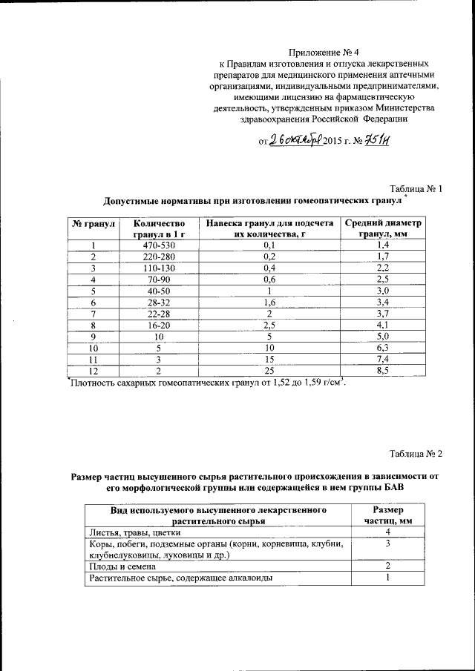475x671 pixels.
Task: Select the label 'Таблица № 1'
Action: click(416, 188)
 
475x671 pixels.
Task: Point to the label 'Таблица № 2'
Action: click(416, 453)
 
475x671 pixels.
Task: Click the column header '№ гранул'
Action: click(92, 223)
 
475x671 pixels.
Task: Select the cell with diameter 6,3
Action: click(383, 348)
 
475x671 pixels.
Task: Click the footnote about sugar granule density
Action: click(208, 383)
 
